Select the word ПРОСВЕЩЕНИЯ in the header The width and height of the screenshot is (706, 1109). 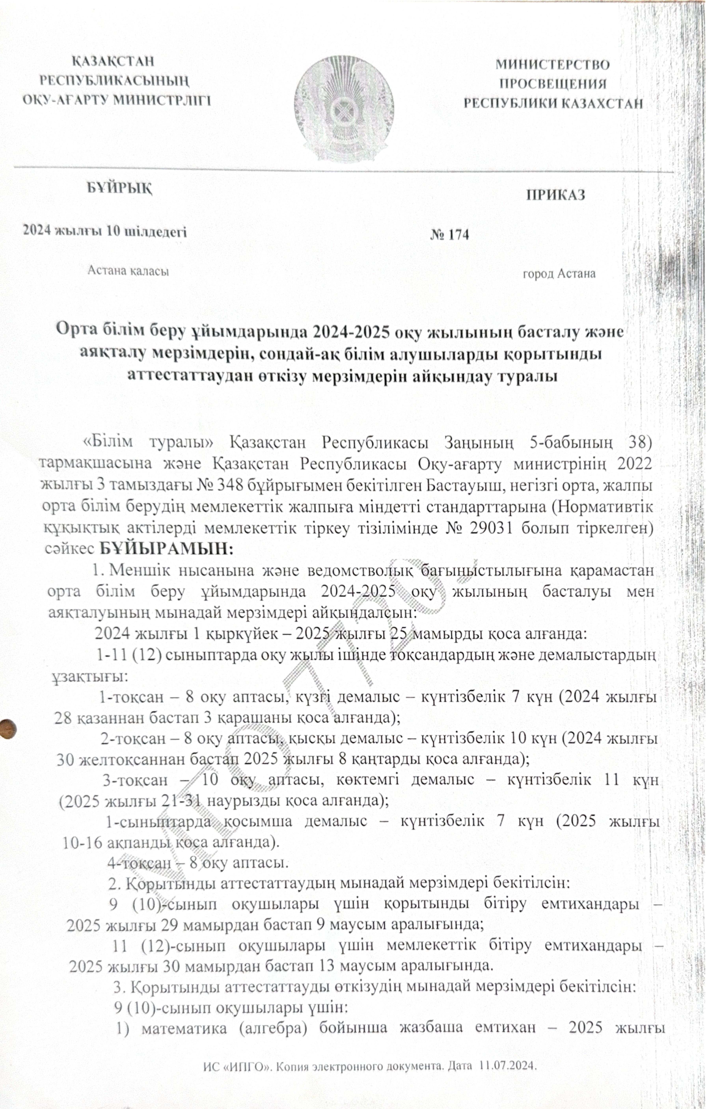tap(553, 84)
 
